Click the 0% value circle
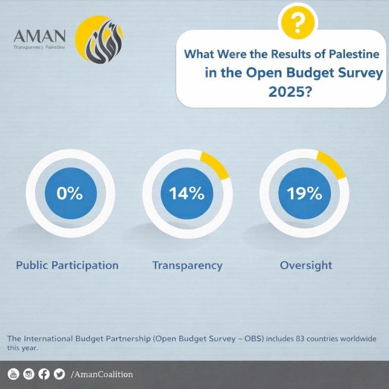[x=70, y=193]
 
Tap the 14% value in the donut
[x=187, y=193]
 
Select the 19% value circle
[x=304, y=193]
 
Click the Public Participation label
[x=67, y=265]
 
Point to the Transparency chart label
[x=187, y=265]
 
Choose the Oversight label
[x=306, y=265]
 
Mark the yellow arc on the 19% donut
[x=332, y=164]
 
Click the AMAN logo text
[x=39, y=36]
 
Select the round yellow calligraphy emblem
[x=99, y=39]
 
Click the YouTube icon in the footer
[x=14, y=374]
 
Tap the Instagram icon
[x=29, y=374]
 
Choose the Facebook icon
[x=44, y=374]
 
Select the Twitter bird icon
[x=60, y=374]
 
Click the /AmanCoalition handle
[x=102, y=374]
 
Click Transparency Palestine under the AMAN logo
[x=39, y=47]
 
